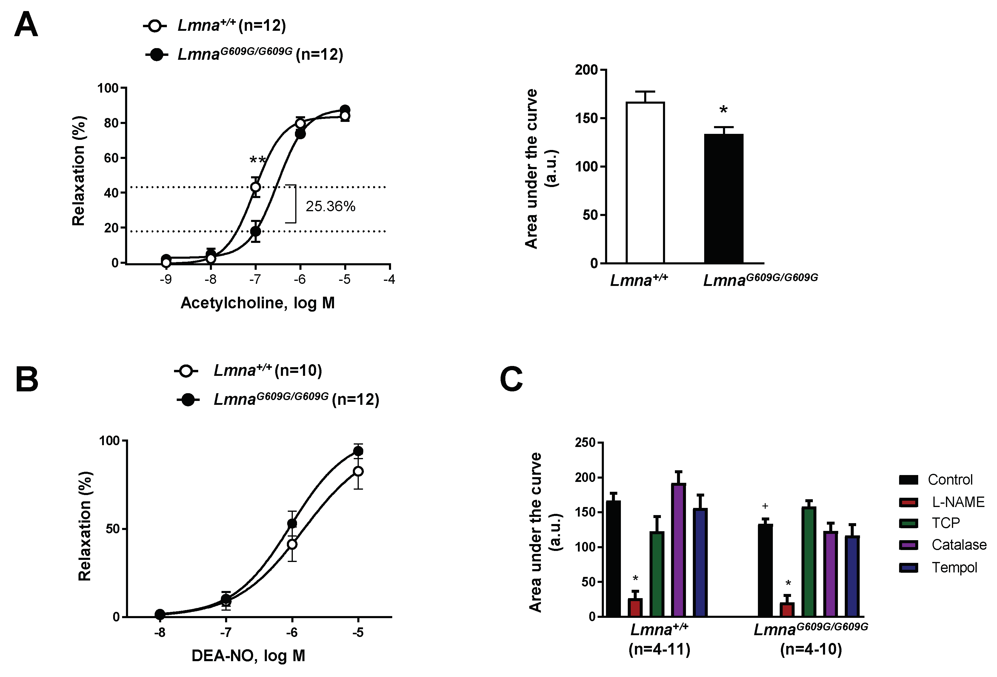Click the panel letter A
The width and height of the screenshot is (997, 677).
26,24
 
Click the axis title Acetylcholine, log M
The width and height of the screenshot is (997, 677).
257,303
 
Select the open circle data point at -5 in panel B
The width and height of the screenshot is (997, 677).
358,471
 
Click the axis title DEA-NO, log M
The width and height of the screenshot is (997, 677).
248,655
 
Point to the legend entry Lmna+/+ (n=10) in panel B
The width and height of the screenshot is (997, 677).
267,370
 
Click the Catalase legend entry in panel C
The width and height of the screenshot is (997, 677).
958,545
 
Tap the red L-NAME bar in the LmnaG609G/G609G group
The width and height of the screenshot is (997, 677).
787,609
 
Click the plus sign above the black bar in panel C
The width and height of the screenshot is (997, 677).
765,506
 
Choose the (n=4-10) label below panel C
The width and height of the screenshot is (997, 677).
810,649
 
